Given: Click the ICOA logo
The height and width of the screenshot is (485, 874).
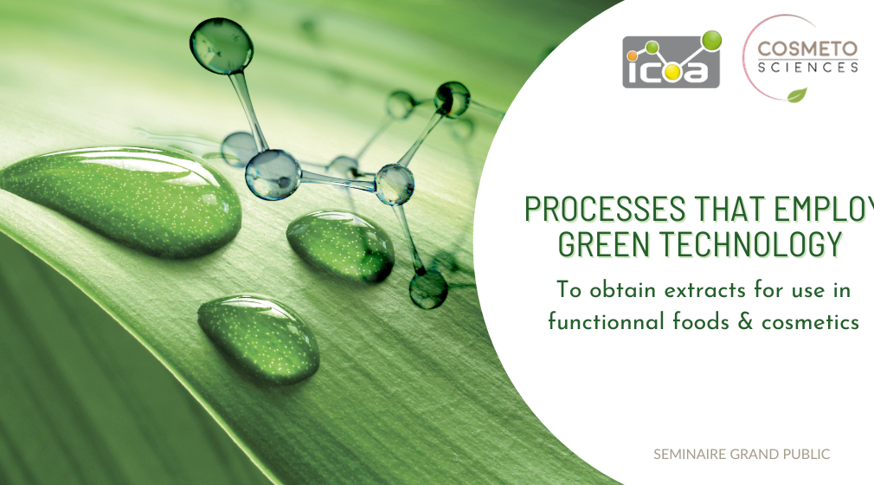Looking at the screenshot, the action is click(672, 60).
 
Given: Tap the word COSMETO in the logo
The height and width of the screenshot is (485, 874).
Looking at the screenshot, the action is click(807, 49).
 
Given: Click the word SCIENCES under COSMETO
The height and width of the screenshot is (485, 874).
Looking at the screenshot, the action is click(807, 68).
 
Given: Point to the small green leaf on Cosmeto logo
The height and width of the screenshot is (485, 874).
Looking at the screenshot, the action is click(797, 95).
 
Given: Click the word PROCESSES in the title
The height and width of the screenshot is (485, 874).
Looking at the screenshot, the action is click(605, 210).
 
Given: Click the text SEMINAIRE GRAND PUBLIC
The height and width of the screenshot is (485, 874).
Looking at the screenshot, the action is click(742, 455).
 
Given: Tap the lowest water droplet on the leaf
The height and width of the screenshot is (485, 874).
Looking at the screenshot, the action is click(260, 339).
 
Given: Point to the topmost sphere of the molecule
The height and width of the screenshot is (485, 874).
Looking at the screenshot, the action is click(222, 46).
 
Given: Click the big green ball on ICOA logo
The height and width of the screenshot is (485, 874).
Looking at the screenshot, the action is click(712, 40).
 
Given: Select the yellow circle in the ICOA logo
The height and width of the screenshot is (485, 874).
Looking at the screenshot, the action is click(672, 72).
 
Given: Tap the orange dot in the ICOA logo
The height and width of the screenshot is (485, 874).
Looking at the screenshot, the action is click(632, 55).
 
